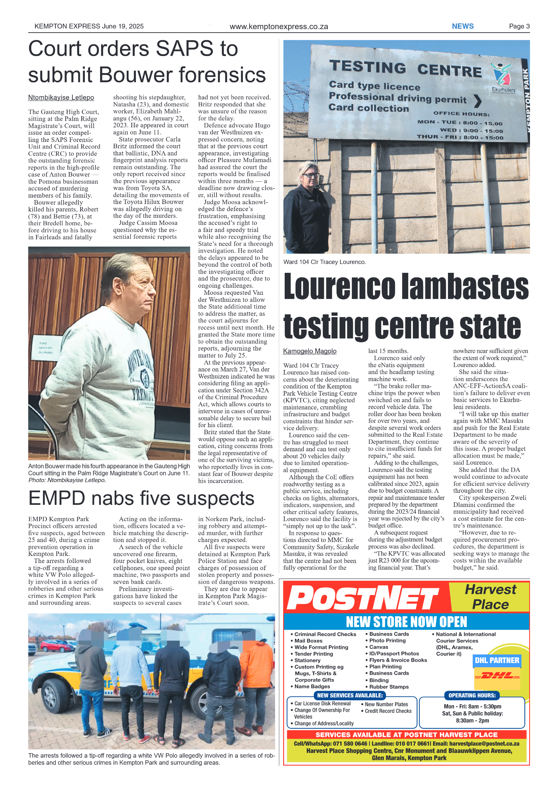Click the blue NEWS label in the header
[462, 26]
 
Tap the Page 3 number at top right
[519, 26]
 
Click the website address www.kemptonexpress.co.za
[279, 27]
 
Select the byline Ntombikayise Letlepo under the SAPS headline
[61, 98]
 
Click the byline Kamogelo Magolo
[310, 351]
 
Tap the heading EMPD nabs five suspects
[141, 498]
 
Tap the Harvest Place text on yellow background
[490, 597]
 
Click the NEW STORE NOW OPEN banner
[406, 622]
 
